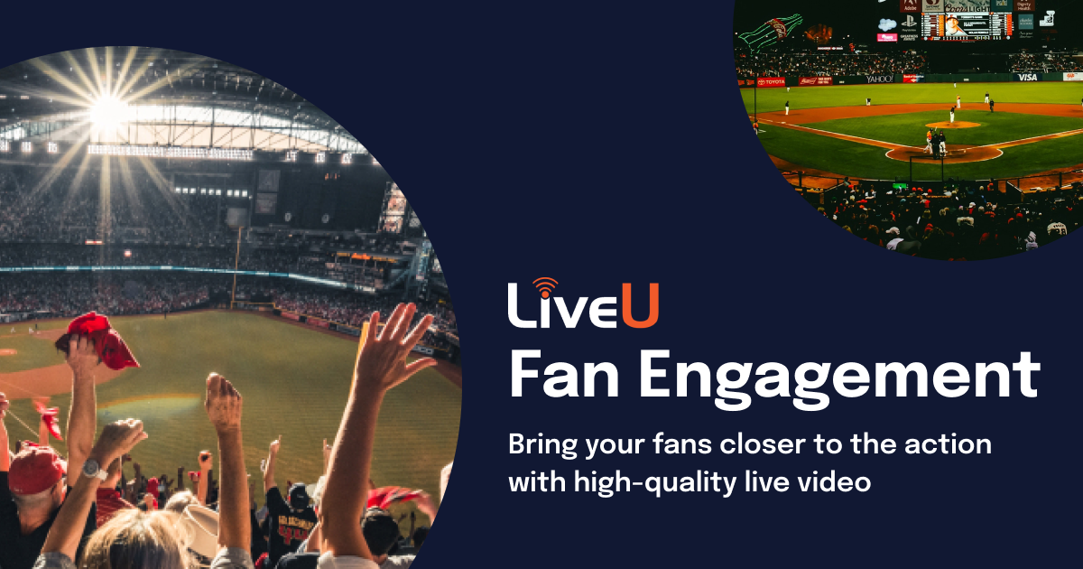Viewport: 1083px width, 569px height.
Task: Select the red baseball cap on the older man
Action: coord(36,470)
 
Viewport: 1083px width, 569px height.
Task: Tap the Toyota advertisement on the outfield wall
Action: coord(772,81)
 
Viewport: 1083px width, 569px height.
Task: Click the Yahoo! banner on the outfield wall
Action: coord(879,79)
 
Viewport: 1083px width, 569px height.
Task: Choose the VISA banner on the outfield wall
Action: coord(1028,77)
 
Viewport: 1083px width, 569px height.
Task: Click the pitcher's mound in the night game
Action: coord(952,124)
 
